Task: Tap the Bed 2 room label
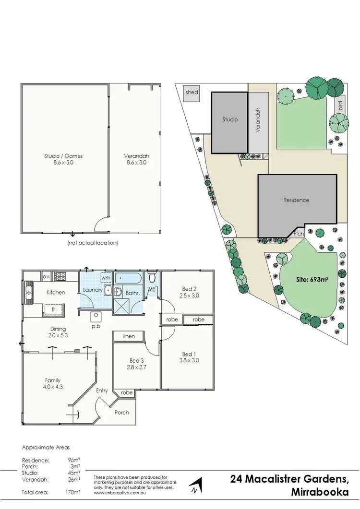(x=187, y=288)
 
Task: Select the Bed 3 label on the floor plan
(x=136, y=360)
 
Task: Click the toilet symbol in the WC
(x=152, y=278)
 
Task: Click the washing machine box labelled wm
(x=106, y=278)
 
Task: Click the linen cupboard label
(x=129, y=336)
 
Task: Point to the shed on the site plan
(x=192, y=93)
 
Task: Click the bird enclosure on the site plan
(x=340, y=105)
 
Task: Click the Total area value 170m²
(x=73, y=492)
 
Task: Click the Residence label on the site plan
(x=296, y=200)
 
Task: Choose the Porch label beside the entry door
(x=121, y=412)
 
